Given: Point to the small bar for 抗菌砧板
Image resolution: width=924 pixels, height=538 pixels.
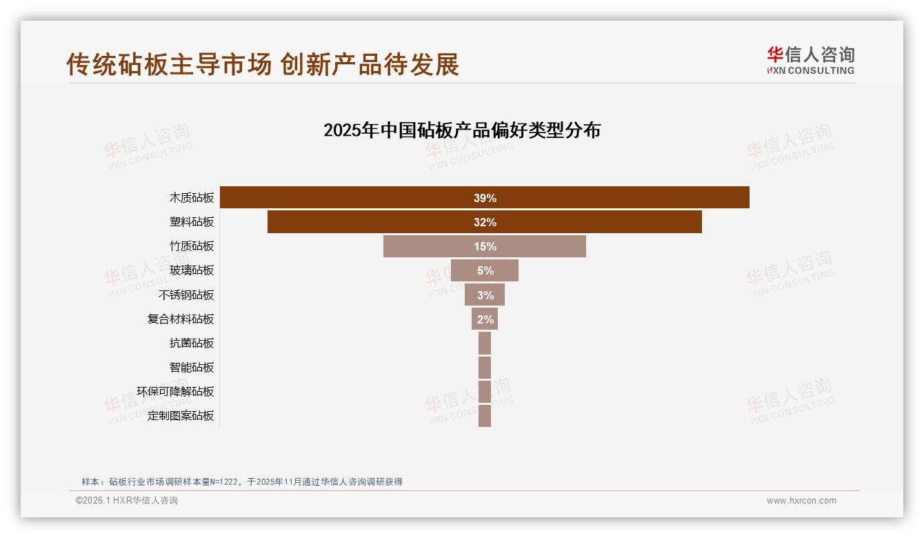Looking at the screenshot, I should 485,343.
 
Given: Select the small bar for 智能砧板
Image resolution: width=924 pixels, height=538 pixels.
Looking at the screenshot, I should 485,367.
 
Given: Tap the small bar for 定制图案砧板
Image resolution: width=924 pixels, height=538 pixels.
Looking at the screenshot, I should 485,415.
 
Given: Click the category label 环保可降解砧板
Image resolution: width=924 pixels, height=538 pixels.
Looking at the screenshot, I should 175,391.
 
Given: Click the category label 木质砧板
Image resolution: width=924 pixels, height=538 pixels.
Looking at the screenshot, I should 192,198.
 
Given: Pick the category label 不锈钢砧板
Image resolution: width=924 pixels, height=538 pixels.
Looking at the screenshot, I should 186,295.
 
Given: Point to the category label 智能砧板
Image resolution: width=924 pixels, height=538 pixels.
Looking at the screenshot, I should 192,367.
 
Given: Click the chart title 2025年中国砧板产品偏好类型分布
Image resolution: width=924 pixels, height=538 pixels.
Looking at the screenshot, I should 462,130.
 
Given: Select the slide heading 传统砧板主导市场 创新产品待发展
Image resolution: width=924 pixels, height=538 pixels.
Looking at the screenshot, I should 263,65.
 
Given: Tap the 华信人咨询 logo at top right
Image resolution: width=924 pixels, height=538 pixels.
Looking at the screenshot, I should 811,61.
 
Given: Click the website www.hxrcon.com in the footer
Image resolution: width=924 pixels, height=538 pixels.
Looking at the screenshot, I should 801,501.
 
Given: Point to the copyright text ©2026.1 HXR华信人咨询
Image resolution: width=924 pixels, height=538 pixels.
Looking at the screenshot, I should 127,501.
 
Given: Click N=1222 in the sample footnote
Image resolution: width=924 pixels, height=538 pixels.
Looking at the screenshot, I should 217,482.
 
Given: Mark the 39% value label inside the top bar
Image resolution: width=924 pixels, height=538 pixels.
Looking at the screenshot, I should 485,198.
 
